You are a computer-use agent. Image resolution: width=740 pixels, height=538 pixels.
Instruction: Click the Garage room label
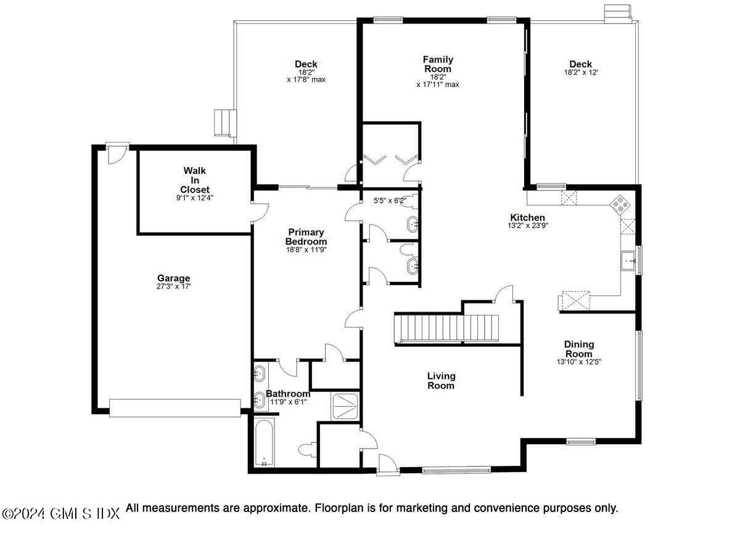[173, 278]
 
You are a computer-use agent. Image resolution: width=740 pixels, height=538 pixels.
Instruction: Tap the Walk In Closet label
[195, 180]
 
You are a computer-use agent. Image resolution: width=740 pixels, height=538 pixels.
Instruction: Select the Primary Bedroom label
[306, 237]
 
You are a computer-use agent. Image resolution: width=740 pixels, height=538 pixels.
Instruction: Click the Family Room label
[438, 64]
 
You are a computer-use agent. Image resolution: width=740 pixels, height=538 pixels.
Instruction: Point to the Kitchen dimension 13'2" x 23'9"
[527, 226]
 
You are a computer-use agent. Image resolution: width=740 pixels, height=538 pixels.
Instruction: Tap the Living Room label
[442, 381]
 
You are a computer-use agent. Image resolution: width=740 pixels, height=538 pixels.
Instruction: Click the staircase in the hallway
[446, 328]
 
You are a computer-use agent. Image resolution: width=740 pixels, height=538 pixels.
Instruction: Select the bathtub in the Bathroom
[265, 443]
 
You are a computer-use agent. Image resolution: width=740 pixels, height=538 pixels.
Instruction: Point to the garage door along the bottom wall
[175, 408]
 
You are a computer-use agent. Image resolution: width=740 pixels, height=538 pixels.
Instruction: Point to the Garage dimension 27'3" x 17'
[173, 286]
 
